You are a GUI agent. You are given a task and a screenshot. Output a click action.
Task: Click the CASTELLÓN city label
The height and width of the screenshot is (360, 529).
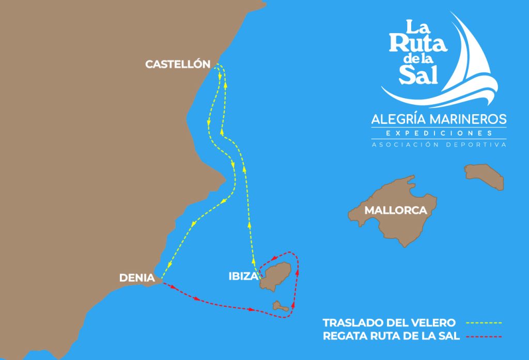[178, 65]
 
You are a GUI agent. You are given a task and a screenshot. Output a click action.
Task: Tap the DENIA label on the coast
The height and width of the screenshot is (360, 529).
[137, 277]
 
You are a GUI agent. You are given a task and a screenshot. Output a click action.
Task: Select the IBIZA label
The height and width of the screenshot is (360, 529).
[243, 276]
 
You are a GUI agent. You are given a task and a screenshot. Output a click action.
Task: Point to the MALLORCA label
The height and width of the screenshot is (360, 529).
[396, 211]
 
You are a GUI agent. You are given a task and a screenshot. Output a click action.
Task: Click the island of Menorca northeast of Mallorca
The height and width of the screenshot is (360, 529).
[484, 176]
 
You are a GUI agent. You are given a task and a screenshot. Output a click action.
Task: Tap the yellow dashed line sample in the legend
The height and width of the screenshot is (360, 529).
[484, 323]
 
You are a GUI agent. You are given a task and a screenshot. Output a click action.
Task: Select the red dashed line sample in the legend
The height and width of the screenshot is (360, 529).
[484, 337]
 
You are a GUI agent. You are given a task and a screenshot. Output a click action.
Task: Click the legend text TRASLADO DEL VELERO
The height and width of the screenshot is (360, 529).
[389, 323]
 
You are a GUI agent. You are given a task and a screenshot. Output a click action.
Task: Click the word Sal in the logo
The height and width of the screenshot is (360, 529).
[418, 75]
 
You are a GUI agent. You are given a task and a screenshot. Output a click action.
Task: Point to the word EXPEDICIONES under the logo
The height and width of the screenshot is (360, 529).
[439, 133]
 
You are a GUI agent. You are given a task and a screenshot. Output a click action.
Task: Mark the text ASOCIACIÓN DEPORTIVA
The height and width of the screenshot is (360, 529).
[439, 145]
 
